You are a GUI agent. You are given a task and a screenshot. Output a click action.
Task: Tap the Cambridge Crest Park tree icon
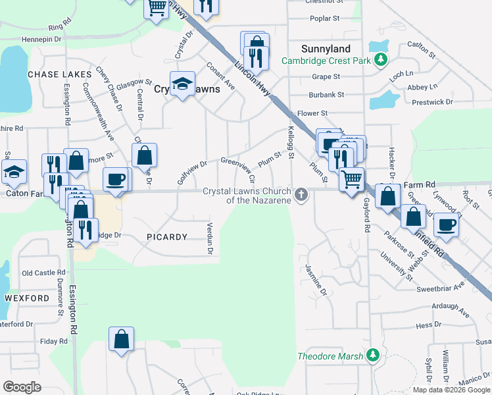pos(380,61)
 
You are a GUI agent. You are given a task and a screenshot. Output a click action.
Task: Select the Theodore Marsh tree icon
pos(373,356)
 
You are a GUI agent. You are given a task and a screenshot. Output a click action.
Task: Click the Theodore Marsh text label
pos(330,356)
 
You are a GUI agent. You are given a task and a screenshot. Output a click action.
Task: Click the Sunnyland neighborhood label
pos(326,49)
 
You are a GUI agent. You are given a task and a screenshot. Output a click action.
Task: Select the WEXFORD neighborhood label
pos(27,298)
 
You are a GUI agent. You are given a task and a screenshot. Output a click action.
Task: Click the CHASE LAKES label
pos(59,74)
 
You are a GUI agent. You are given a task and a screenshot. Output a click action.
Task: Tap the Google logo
pos(22,386)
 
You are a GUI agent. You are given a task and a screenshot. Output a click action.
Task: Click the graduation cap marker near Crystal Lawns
pos(182,84)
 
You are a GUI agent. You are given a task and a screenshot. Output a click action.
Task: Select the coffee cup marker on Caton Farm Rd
pos(116,179)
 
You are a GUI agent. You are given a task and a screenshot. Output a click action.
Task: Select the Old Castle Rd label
pos(43,273)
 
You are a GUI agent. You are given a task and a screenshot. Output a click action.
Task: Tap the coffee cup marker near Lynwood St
pos(447,224)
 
